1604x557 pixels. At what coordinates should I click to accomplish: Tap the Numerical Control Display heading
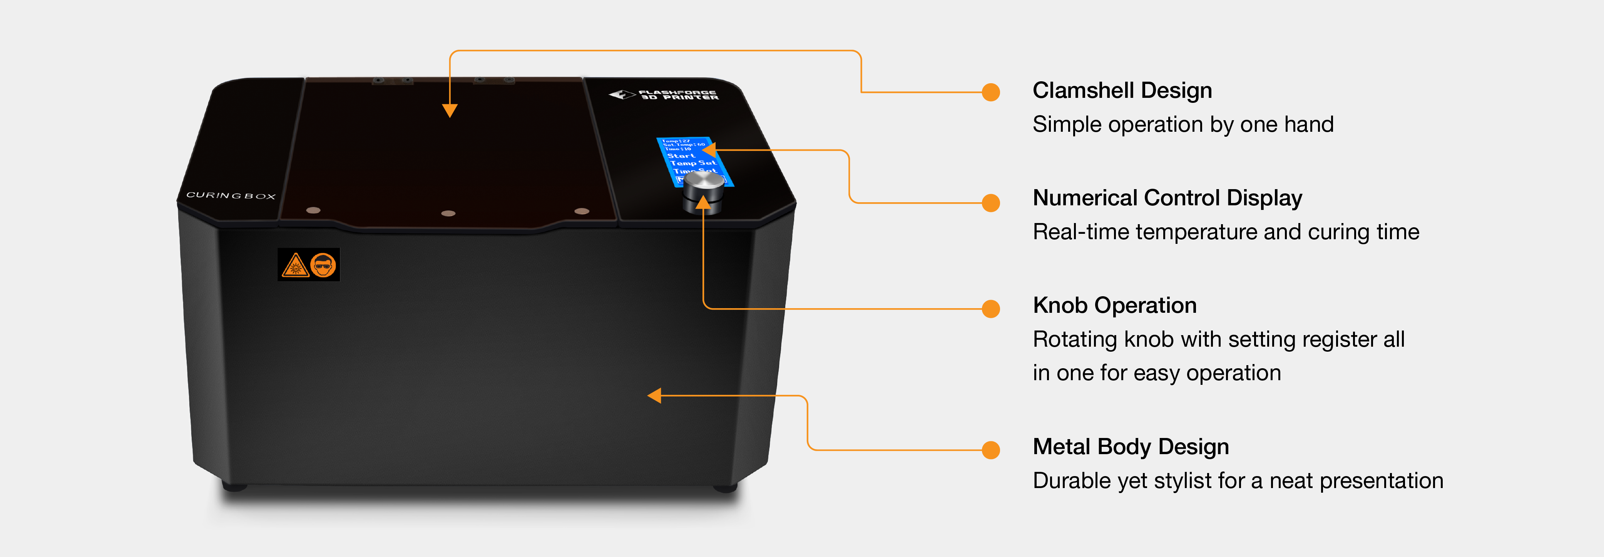tap(1167, 198)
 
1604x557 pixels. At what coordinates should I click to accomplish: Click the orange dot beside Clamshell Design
tap(991, 92)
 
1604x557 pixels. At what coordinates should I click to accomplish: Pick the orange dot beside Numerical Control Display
tap(991, 203)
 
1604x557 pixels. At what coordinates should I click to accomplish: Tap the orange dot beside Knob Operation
tap(991, 309)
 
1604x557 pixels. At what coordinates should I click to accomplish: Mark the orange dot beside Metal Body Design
tap(991, 450)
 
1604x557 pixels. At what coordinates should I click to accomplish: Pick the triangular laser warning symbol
tap(295, 265)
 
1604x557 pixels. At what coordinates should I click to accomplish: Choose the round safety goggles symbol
tap(323, 265)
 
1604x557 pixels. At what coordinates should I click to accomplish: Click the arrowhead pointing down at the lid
tap(450, 110)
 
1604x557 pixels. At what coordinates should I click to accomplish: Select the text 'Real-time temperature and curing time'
tap(1225, 232)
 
